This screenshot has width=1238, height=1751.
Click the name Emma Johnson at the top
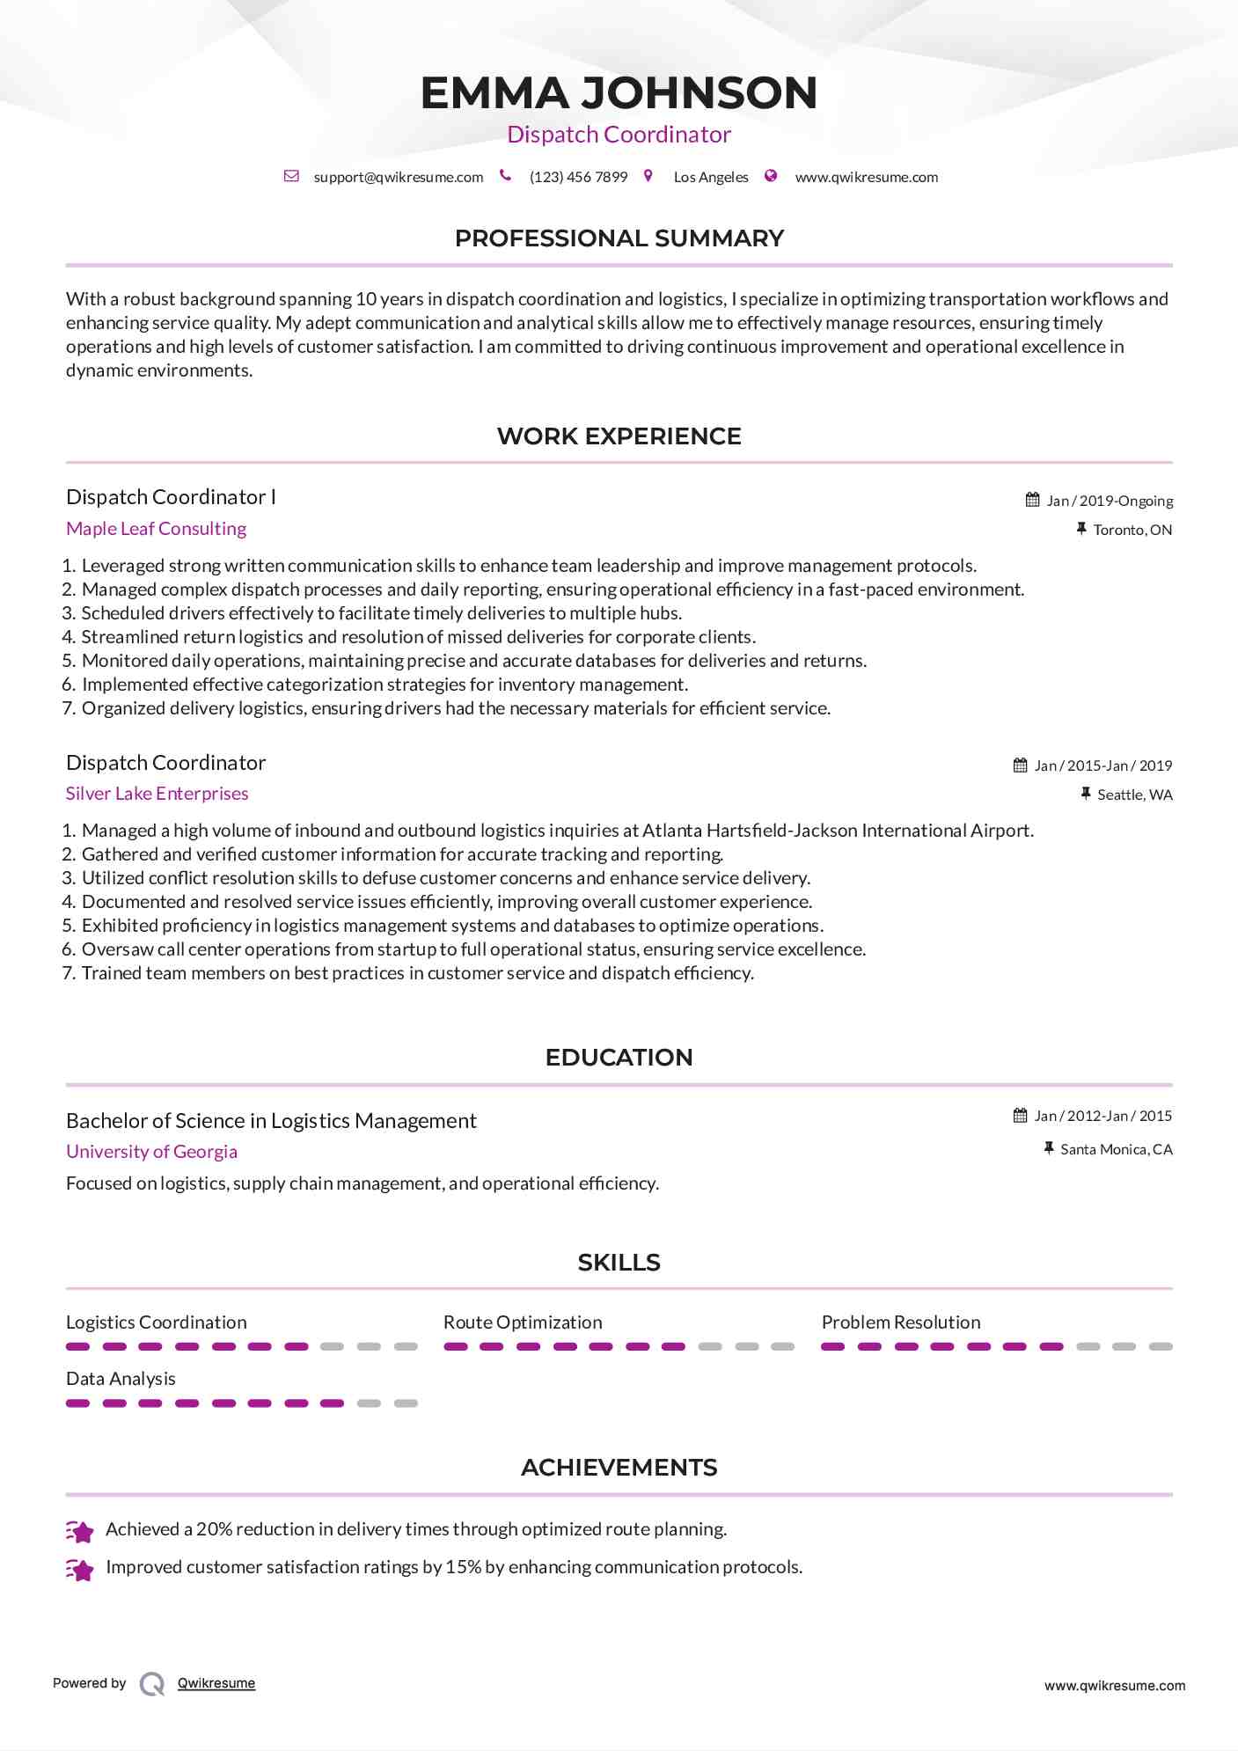[x=619, y=93]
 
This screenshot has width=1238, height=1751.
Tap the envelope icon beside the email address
[x=291, y=176]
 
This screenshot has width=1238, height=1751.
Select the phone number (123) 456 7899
[x=578, y=177]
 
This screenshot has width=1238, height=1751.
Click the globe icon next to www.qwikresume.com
[x=771, y=176]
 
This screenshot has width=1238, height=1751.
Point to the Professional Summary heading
[x=619, y=238]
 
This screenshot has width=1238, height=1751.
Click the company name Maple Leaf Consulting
[x=156, y=529]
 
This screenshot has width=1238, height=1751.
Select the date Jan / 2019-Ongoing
[x=1110, y=501]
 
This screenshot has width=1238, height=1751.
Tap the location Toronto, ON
[x=1132, y=530]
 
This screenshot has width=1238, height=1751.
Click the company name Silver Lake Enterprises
[x=157, y=794]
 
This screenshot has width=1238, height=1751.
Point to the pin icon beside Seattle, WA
[x=1086, y=794]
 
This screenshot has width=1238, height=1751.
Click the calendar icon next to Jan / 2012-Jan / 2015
[x=1020, y=1116]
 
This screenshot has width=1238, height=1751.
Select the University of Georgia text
[x=151, y=1152]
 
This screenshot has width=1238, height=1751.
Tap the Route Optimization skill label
[x=523, y=1322]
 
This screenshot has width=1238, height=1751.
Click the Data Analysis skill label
[x=121, y=1379]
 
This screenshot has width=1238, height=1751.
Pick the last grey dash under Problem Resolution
[x=1161, y=1346]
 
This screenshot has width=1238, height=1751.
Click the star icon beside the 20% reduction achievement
[x=80, y=1532]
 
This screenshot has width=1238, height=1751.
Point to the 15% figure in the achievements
[x=463, y=1567]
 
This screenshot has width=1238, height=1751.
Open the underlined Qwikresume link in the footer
[x=216, y=1683]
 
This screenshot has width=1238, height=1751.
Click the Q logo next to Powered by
[x=152, y=1684]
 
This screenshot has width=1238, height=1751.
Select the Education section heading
[x=619, y=1058]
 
